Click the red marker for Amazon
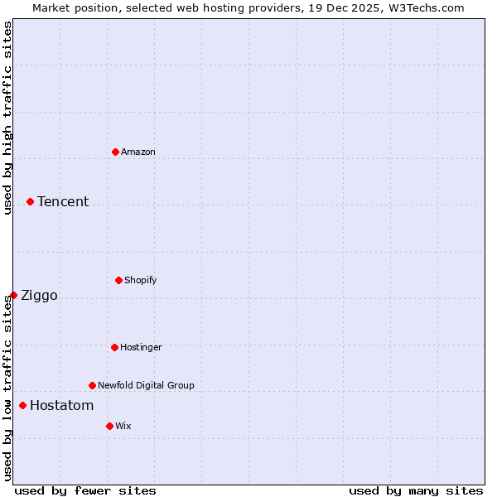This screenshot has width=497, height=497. coord(115,152)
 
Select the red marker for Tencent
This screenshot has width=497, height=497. coord(30,201)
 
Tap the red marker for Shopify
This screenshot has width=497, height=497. coord(118,280)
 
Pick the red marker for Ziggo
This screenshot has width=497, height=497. coord(13,295)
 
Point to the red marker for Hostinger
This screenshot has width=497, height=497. coord(114,347)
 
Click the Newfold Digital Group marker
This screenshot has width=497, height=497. coord(92,385)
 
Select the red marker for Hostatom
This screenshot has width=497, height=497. coord(22,405)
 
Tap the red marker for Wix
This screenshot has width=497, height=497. coord(109,426)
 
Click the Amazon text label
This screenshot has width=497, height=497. coord(138,152)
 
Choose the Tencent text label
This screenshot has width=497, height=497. coord(63,201)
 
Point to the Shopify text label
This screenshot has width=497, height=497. coord(141,280)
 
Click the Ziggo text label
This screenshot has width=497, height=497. coord(39,296)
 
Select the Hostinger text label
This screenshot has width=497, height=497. coord(141,347)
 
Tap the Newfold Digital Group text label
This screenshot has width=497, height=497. coord(146,385)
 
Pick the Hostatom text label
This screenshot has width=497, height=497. coord(61,405)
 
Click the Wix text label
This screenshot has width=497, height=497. coord(123,426)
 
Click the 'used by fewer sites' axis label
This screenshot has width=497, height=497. coord(85,490)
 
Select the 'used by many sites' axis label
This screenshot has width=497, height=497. coord(416,490)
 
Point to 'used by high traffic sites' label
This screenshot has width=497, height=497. coord(7,118)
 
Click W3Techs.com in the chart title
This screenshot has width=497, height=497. coord(424,7)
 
